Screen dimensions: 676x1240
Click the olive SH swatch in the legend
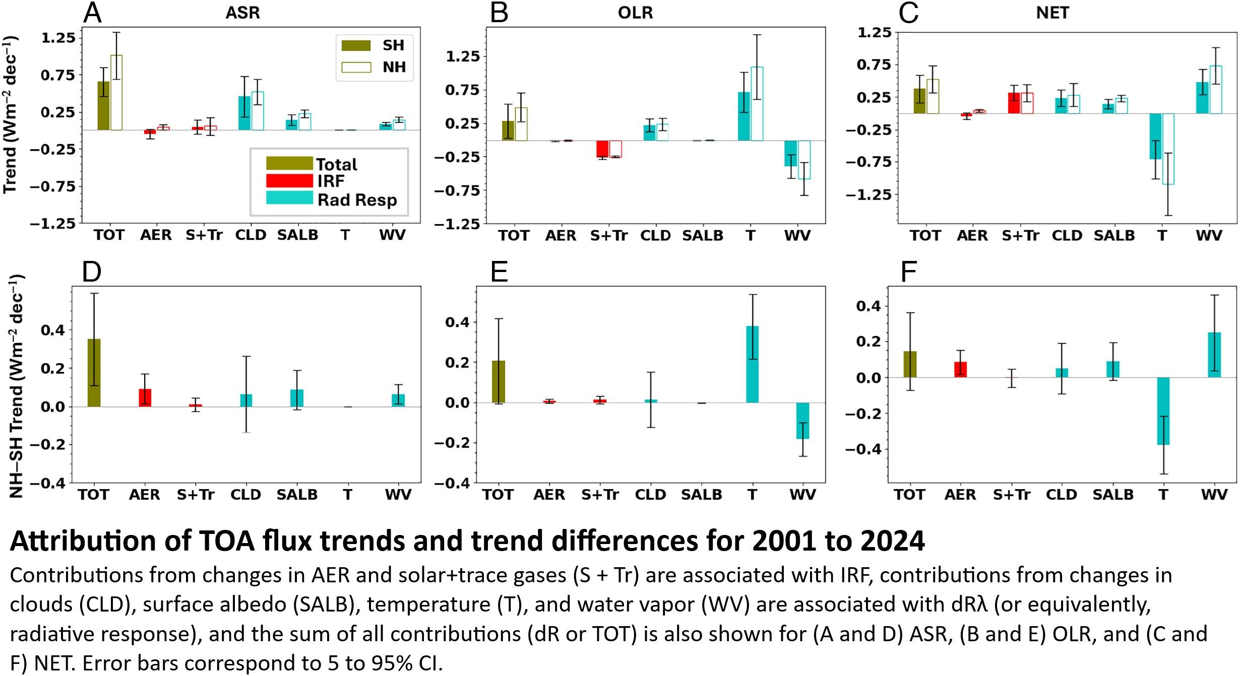coord(356,45)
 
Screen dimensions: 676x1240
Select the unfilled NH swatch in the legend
coord(356,67)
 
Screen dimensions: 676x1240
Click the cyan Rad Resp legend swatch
coord(289,198)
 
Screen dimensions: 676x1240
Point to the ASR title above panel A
coord(242,13)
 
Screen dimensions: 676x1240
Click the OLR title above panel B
coord(635,13)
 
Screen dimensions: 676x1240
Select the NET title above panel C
coord(1052,13)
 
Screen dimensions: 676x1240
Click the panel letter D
coord(92,273)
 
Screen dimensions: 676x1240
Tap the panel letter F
coord(908,273)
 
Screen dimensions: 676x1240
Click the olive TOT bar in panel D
coord(94,373)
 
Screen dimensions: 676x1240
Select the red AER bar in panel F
coord(961,369)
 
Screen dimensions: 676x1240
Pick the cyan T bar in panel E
coord(752,364)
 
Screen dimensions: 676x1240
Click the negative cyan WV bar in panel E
coord(803,421)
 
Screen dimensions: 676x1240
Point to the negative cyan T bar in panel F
coord(1163,411)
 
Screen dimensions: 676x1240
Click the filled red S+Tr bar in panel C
coord(1014,103)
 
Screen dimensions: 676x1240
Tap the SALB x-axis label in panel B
coord(703,236)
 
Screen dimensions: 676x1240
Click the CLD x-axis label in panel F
coord(1062,495)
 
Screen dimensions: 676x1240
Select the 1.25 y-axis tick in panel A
coord(57,38)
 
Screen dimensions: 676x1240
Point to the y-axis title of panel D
coord(16,385)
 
